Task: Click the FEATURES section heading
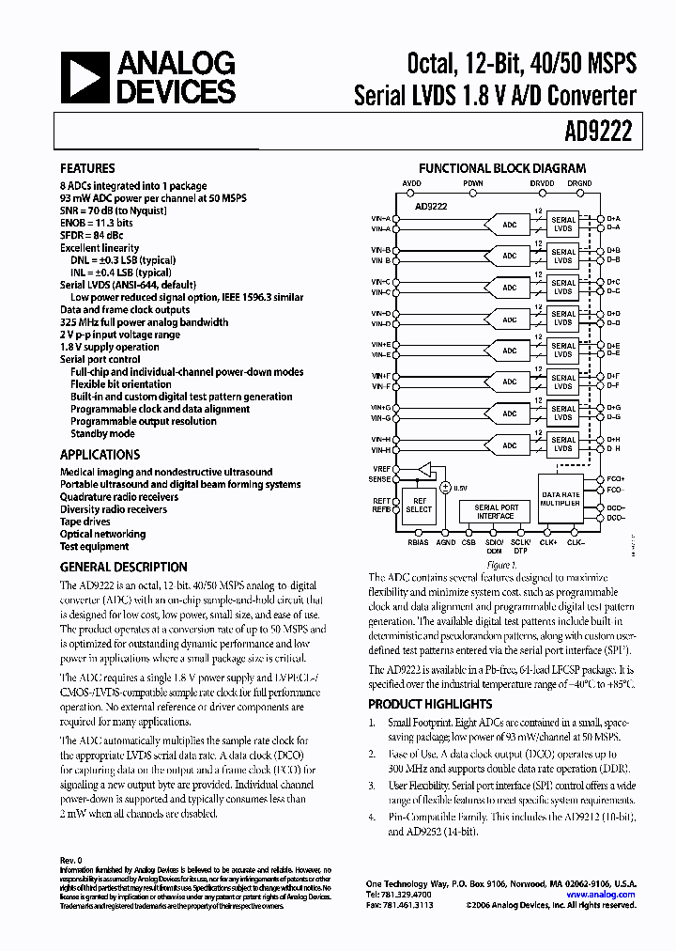tap(87, 169)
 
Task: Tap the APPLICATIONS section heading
tap(100, 455)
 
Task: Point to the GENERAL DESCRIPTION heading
tap(123, 568)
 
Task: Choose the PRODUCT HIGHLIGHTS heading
tap(430, 704)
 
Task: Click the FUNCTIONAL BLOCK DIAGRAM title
tap(501, 168)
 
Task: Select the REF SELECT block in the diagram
tap(419, 506)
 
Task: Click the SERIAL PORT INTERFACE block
tap(496, 511)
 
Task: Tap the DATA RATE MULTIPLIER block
tap(560, 498)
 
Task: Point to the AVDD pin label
tap(412, 183)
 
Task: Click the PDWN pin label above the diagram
tap(473, 183)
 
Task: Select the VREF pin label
tap(380, 467)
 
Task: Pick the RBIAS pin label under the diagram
tap(417, 541)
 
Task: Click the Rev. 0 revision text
tap(71, 860)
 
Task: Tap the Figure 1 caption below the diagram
tap(500, 565)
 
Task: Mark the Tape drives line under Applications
tap(85, 522)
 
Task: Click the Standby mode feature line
tap(102, 434)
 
